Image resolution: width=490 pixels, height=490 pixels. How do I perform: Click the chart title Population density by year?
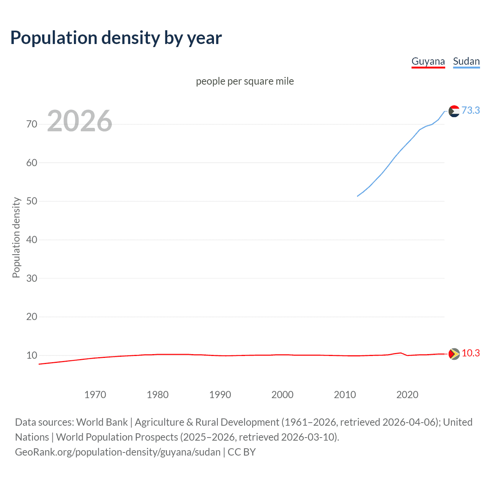[116, 38]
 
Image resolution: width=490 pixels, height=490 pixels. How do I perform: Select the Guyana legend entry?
[428, 61]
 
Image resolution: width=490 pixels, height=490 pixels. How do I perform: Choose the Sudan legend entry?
[466, 61]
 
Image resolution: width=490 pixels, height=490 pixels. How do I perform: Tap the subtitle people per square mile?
[245, 81]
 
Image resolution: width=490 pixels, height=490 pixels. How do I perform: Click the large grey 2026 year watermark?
[80, 121]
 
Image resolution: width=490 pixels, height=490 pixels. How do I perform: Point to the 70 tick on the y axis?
[32, 124]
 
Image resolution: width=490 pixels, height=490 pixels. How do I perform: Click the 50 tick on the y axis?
[32, 201]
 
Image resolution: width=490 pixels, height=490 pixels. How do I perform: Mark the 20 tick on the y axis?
[32, 317]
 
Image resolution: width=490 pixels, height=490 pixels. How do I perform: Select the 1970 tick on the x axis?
[95, 395]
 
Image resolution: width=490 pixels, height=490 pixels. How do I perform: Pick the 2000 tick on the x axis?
[282, 395]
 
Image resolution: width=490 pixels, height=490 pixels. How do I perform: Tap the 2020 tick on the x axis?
[407, 395]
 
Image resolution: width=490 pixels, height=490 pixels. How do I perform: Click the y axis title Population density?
[16, 237]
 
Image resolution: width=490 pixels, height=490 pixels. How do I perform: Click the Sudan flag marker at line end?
[454, 111]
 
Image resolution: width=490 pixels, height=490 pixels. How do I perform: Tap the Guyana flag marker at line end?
[454, 354]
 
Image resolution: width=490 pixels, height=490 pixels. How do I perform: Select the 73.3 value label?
[470, 111]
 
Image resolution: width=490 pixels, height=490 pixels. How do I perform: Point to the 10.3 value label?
[470, 353]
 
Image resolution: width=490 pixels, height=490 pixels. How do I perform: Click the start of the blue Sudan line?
[358, 196]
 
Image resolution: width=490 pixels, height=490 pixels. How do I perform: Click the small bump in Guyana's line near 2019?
[400, 353]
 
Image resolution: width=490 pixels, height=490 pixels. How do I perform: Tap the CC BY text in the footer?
[242, 452]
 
